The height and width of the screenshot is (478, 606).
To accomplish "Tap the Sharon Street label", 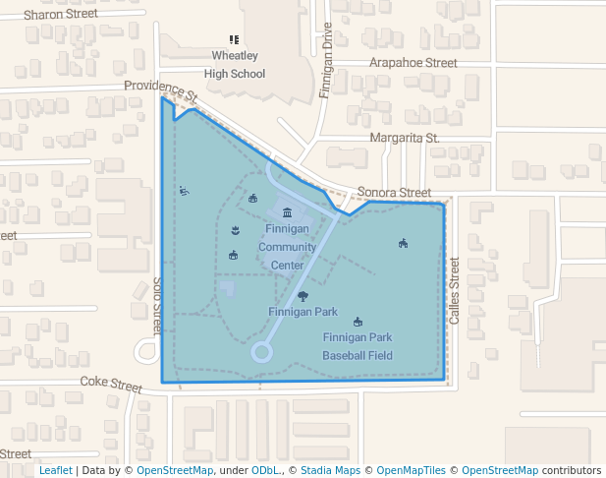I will (x=61, y=15).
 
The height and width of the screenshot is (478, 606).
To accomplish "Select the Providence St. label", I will (x=161, y=91).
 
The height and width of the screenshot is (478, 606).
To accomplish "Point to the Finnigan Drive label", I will (x=327, y=61).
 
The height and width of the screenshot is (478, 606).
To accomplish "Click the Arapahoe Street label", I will (x=413, y=62).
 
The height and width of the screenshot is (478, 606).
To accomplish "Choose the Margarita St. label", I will (x=404, y=138).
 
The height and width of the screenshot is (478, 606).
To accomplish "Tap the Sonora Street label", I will (x=394, y=193).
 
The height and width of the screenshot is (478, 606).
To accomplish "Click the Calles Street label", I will (x=454, y=292).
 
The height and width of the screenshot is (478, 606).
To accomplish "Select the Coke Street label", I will (x=111, y=382).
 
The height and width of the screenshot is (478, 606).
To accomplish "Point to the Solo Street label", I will (x=156, y=303).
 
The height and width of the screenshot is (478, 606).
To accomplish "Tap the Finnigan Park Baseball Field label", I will (x=358, y=346).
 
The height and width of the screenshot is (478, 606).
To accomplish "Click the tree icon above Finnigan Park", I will (x=303, y=296).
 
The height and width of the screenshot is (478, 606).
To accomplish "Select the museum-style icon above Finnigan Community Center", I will (x=287, y=212).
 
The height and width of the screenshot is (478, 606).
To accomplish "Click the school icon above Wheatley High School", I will (x=234, y=40).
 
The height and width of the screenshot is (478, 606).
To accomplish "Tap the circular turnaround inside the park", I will (x=261, y=351).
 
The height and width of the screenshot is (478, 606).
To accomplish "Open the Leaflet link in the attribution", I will (x=55, y=470).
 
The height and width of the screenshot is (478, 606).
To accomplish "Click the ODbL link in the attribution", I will (x=266, y=470).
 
